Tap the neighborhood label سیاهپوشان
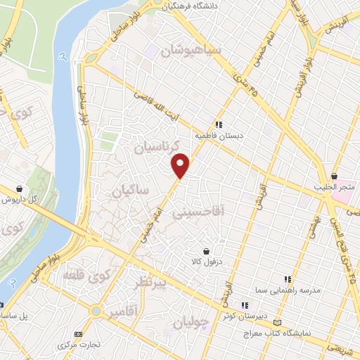[191, 51]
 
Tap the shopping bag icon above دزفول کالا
[205, 250]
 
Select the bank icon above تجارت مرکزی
[78, 334]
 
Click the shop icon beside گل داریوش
[18, 188]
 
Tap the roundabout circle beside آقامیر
[96, 310]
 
